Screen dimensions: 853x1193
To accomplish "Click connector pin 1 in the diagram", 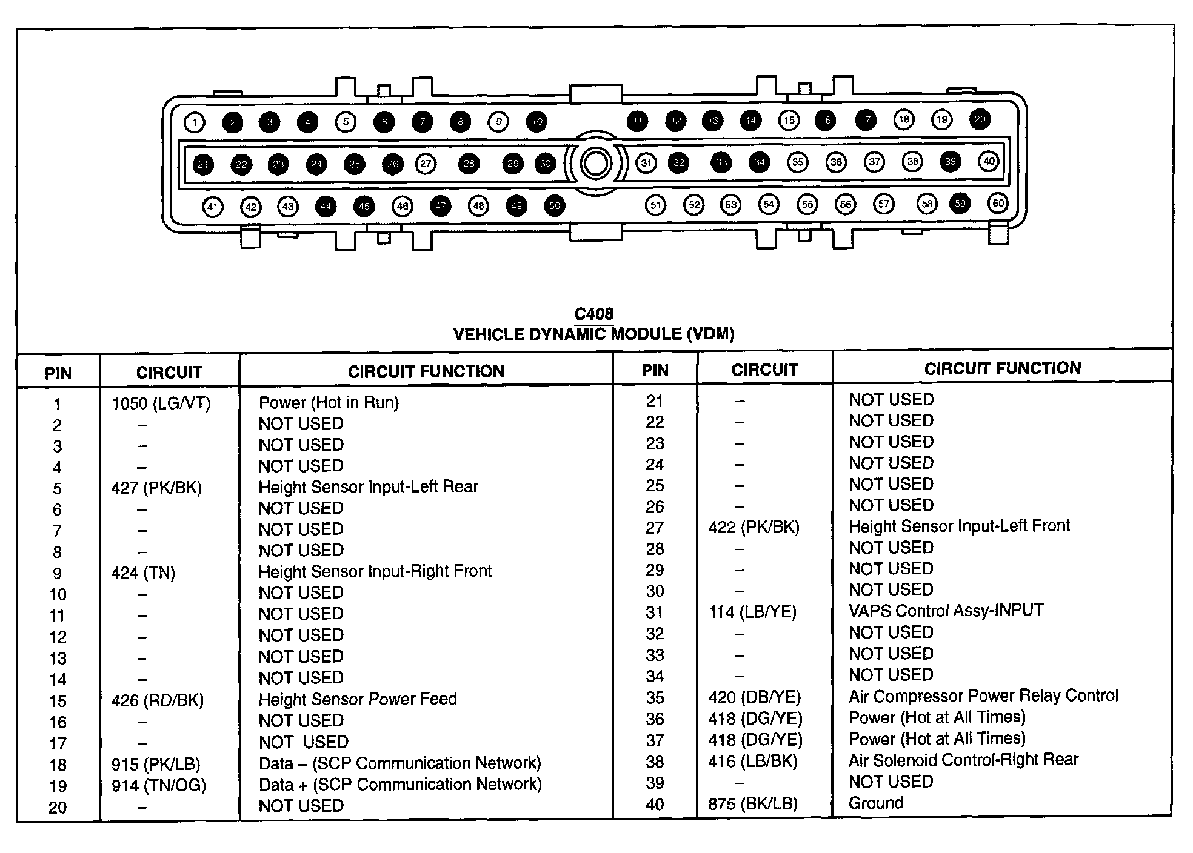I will click(x=194, y=123).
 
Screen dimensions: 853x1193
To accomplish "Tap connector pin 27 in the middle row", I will click(x=426, y=164).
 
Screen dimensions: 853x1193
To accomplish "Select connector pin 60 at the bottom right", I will click(x=998, y=204).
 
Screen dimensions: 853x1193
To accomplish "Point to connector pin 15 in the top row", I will click(x=789, y=120).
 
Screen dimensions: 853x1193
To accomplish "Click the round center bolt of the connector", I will click(x=595, y=164).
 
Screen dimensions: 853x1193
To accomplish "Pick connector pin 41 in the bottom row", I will click(x=212, y=207).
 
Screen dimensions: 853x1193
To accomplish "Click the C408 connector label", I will click(x=593, y=314).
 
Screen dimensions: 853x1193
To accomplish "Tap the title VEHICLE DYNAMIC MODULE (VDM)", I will click(x=593, y=334).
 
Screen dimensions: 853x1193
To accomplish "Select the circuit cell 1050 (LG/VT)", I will click(x=161, y=403).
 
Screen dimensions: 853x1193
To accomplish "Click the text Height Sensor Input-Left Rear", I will click(x=368, y=487).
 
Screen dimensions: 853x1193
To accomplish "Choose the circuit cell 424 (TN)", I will click(x=143, y=573).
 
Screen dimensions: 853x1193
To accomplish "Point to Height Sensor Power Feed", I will click(x=358, y=699).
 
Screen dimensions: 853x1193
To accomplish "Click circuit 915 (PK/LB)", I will click(x=156, y=765).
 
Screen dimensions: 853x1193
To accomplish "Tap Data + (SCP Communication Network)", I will click(x=400, y=785).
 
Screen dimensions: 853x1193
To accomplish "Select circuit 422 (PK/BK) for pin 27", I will click(x=754, y=528).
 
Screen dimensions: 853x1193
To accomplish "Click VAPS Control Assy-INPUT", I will click(x=946, y=610).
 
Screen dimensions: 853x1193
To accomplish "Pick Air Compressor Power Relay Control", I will click(x=983, y=695).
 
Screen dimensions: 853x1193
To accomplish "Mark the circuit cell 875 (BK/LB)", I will click(x=753, y=804).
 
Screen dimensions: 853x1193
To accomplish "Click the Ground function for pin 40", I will click(x=875, y=803).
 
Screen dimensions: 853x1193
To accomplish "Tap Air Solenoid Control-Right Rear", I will click(x=963, y=760).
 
